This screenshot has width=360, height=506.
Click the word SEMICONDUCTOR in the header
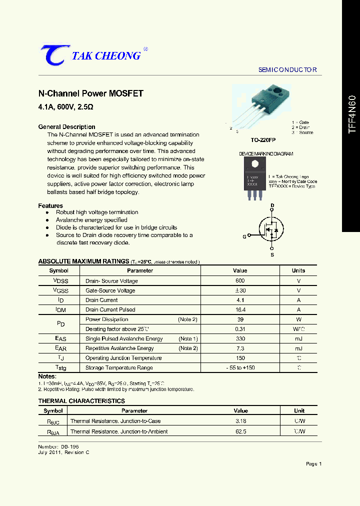(287, 70)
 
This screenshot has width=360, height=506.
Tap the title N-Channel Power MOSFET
(91, 93)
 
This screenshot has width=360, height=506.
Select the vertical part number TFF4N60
(352, 113)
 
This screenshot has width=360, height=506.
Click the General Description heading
(66, 127)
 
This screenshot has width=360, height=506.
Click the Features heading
(50, 206)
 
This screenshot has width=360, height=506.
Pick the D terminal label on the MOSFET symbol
(272, 205)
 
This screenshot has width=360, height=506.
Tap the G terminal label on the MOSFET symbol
(244, 237)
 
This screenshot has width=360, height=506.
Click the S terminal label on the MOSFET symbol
(272, 255)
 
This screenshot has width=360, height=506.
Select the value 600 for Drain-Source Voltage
(240, 281)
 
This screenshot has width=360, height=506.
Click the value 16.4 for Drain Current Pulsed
(240, 310)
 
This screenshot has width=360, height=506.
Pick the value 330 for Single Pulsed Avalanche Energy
(240, 339)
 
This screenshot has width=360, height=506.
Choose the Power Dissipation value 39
(240, 319)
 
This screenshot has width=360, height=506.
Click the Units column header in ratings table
(298, 270)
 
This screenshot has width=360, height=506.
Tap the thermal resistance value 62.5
(240, 431)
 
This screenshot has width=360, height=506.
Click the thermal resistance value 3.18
(240, 421)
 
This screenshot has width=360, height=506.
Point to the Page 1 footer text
(313, 464)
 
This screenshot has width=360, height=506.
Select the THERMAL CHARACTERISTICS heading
(81, 401)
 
